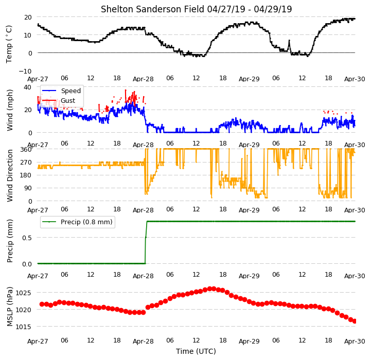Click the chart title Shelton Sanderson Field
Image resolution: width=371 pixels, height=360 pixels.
tap(152, 9)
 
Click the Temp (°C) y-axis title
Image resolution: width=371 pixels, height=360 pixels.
tap(9, 44)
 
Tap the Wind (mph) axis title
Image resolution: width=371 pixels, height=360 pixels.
tap(10, 110)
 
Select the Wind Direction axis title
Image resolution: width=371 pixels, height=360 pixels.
tap(10, 175)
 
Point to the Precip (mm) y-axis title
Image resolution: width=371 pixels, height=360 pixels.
tap(10, 241)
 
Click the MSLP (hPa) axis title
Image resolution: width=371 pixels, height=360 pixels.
tap(10, 307)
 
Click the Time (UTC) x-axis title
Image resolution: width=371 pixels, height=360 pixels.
tap(196, 351)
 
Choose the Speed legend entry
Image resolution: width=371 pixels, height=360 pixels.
tap(70, 91)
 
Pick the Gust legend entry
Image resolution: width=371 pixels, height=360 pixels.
tap(68, 100)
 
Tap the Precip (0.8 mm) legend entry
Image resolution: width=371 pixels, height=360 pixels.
tap(86, 222)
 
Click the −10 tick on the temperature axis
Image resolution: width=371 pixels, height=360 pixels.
tap(25, 71)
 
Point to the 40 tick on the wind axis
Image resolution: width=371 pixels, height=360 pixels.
tap(27, 87)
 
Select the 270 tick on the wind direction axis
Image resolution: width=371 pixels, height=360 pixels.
tap(26, 163)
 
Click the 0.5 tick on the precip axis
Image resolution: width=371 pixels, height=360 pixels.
tap(27, 238)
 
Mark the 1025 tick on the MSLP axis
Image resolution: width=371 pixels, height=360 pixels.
tap(23, 293)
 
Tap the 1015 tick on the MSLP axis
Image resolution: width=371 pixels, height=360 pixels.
tap(23, 327)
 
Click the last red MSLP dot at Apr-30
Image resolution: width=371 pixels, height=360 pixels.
tap(355, 321)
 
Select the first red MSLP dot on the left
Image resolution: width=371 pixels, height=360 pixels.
tap(42, 304)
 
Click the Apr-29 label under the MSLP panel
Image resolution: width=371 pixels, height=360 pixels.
tap(249, 341)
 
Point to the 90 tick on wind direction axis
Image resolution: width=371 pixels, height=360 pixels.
tap(28, 188)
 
